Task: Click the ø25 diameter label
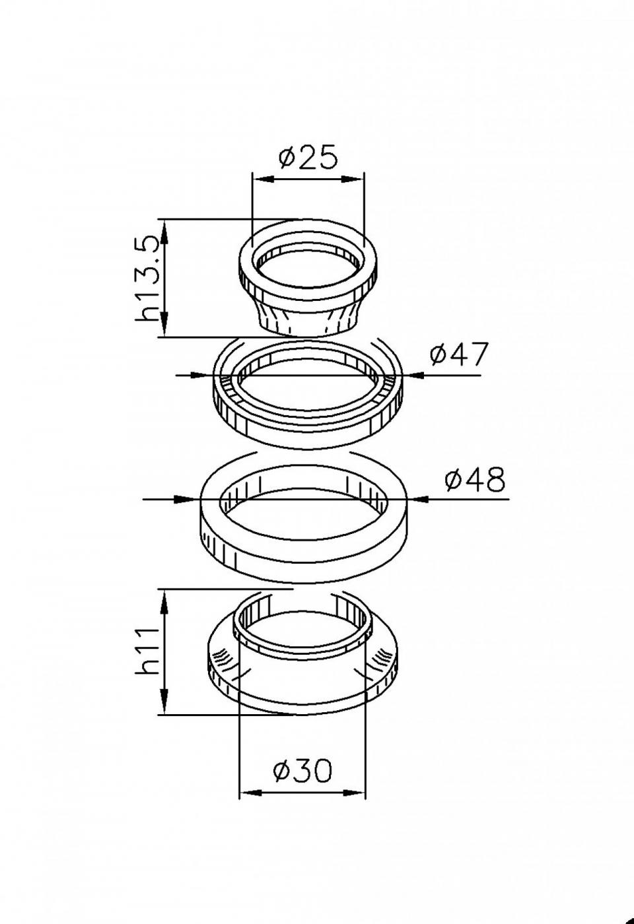[308, 157]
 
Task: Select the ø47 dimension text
[459, 354]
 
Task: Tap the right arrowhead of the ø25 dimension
[354, 180]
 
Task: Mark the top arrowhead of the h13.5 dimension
[164, 230]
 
